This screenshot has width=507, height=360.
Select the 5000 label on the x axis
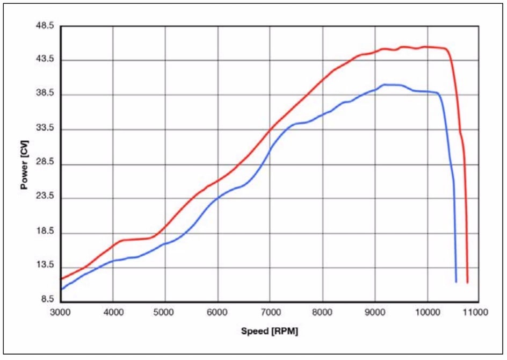[x=165, y=312]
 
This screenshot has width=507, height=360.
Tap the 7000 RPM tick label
[x=270, y=312]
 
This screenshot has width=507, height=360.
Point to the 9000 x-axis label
[x=374, y=312]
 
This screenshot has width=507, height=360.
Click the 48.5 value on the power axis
[x=45, y=26]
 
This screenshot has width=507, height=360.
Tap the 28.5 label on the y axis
[x=45, y=163]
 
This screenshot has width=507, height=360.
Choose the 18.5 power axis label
[x=45, y=232]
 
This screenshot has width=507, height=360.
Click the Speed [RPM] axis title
[x=269, y=332]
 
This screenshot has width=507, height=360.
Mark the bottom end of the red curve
[x=468, y=282]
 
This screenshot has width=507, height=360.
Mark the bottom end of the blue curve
[x=456, y=281]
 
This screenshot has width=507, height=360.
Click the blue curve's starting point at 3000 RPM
[x=61, y=289]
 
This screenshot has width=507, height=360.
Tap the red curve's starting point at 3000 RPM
[x=61, y=278]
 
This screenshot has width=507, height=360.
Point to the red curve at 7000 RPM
[x=270, y=128]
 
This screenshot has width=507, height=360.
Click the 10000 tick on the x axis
[x=427, y=312]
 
